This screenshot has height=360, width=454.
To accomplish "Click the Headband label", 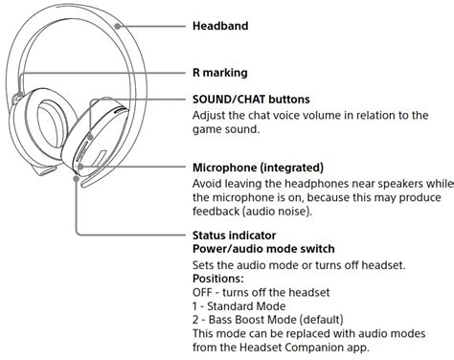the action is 220,26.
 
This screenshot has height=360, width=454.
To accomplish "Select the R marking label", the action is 220,73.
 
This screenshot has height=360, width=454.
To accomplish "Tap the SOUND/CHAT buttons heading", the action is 251,100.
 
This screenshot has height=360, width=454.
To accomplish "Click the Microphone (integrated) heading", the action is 258,168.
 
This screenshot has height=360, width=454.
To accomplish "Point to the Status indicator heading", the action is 234,236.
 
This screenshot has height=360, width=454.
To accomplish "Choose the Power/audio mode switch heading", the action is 263,249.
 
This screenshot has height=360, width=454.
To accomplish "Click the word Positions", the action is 217,279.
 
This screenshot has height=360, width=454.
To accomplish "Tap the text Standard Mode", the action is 246,306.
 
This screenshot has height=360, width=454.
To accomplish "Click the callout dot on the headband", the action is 118,26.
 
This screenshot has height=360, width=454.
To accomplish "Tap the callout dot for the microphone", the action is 80,167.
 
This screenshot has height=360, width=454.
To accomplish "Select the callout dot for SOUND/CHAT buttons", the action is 90,137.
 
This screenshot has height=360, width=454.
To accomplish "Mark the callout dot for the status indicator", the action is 76,178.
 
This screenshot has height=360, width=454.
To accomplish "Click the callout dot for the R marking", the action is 19,95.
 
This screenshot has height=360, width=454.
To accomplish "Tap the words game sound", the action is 225,129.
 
